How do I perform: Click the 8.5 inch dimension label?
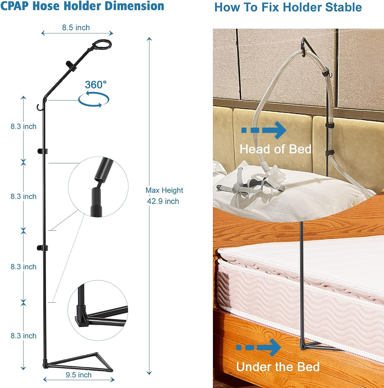pyautogui.click(x=76, y=28)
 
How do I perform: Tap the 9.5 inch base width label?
pyautogui.click(x=79, y=375)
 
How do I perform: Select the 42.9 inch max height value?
pyautogui.click(x=163, y=201)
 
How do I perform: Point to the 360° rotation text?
pyautogui.click(x=96, y=85)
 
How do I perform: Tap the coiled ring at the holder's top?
pyautogui.click(x=102, y=44)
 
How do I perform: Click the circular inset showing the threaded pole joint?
pyautogui.click(x=98, y=186)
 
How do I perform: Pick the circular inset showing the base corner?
pyautogui.click(x=98, y=310)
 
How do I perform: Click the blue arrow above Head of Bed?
pyautogui.click(x=264, y=130)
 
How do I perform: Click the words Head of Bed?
pyautogui.click(x=275, y=149)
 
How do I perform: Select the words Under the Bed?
pyautogui.click(x=278, y=367)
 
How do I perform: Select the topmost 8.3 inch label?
pyautogui.click(x=24, y=126)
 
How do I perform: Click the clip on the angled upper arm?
pyautogui.click(x=71, y=66)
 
